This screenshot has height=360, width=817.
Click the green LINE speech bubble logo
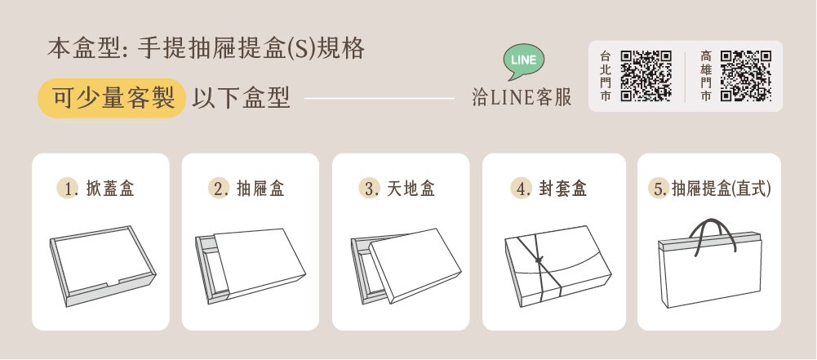pyautogui.click(x=524, y=61)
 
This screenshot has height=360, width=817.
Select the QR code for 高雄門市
pyautogui.click(x=746, y=76)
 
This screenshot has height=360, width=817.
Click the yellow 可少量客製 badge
pyautogui.click(x=112, y=98)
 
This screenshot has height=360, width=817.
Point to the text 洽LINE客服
pyautogui.click(x=522, y=97)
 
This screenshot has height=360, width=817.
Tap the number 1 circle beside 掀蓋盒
pyautogui.click(x=67, y=188)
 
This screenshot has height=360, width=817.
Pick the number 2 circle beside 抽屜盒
pyautogui.click(x=218, y=188)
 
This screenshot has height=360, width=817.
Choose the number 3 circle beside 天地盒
pyautogui.click(x=369, y=188)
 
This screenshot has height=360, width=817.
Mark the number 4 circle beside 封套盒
pyautogui.click(x=521, y=188)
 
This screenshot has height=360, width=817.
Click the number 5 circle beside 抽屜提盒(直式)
pyautogui.click(x=659, y=188)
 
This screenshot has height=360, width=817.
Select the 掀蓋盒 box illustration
pyautogui.click(x=103, y=265)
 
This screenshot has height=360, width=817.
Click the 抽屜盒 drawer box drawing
pyautogui.click(x=251, y=265)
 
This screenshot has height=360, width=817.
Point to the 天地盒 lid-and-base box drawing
pyautogui.click(x=406, y=265)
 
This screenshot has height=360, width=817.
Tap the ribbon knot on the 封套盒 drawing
pyautogui.click(x=539, y=259)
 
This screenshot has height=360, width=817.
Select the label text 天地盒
pyautogui.click(x=411, y=189)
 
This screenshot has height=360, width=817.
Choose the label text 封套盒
pyautogui.click(x=562, y=189)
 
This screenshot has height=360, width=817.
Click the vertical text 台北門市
pyautogui.click(x=605, y=76)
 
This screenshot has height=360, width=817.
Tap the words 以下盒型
pyautogui.click(x=241, y=98)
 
